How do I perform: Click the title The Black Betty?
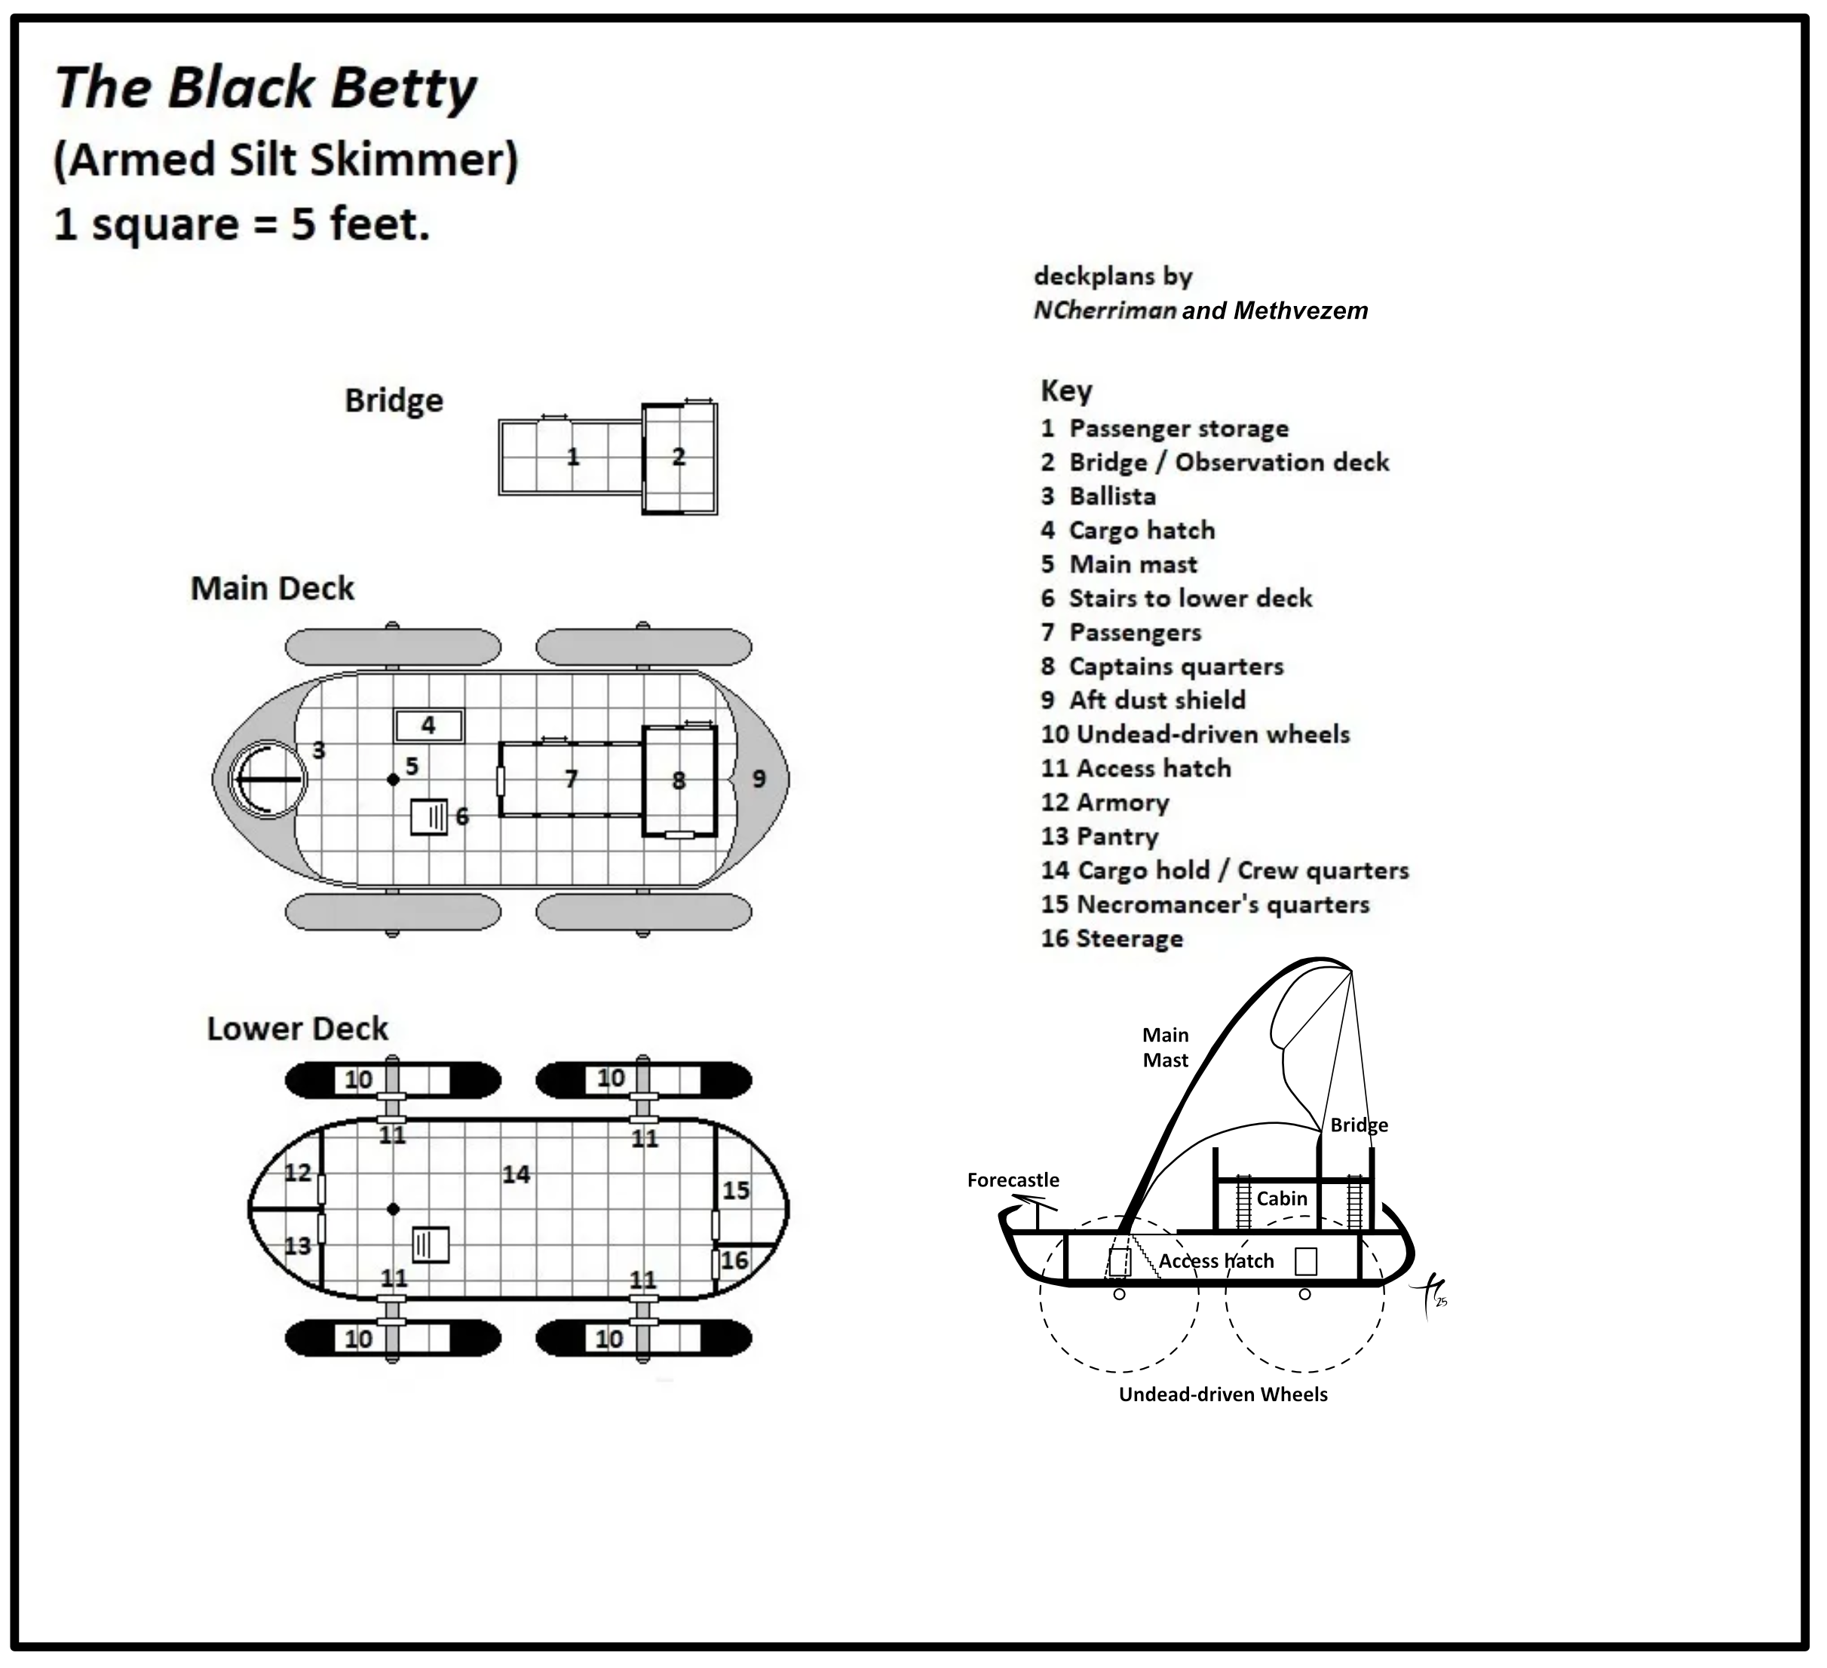click(265, 88)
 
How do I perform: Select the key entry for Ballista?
click(1099, 497)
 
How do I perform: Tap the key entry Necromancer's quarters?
click(1206, 904)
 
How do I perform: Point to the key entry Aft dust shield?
click(1144, 700)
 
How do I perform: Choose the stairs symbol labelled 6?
click(430, 817)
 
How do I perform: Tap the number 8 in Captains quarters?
click(679, 781)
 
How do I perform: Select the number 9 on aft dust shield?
click(759, 779)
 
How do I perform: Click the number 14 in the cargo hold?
click(517, 1175)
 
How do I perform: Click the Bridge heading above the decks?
click(394, 400)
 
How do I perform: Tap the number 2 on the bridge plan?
click(679, 457)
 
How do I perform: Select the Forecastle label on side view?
click(1013, 1180)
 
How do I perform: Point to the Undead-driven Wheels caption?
click(1222, 1394)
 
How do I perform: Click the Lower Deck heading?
click(297, 1030)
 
